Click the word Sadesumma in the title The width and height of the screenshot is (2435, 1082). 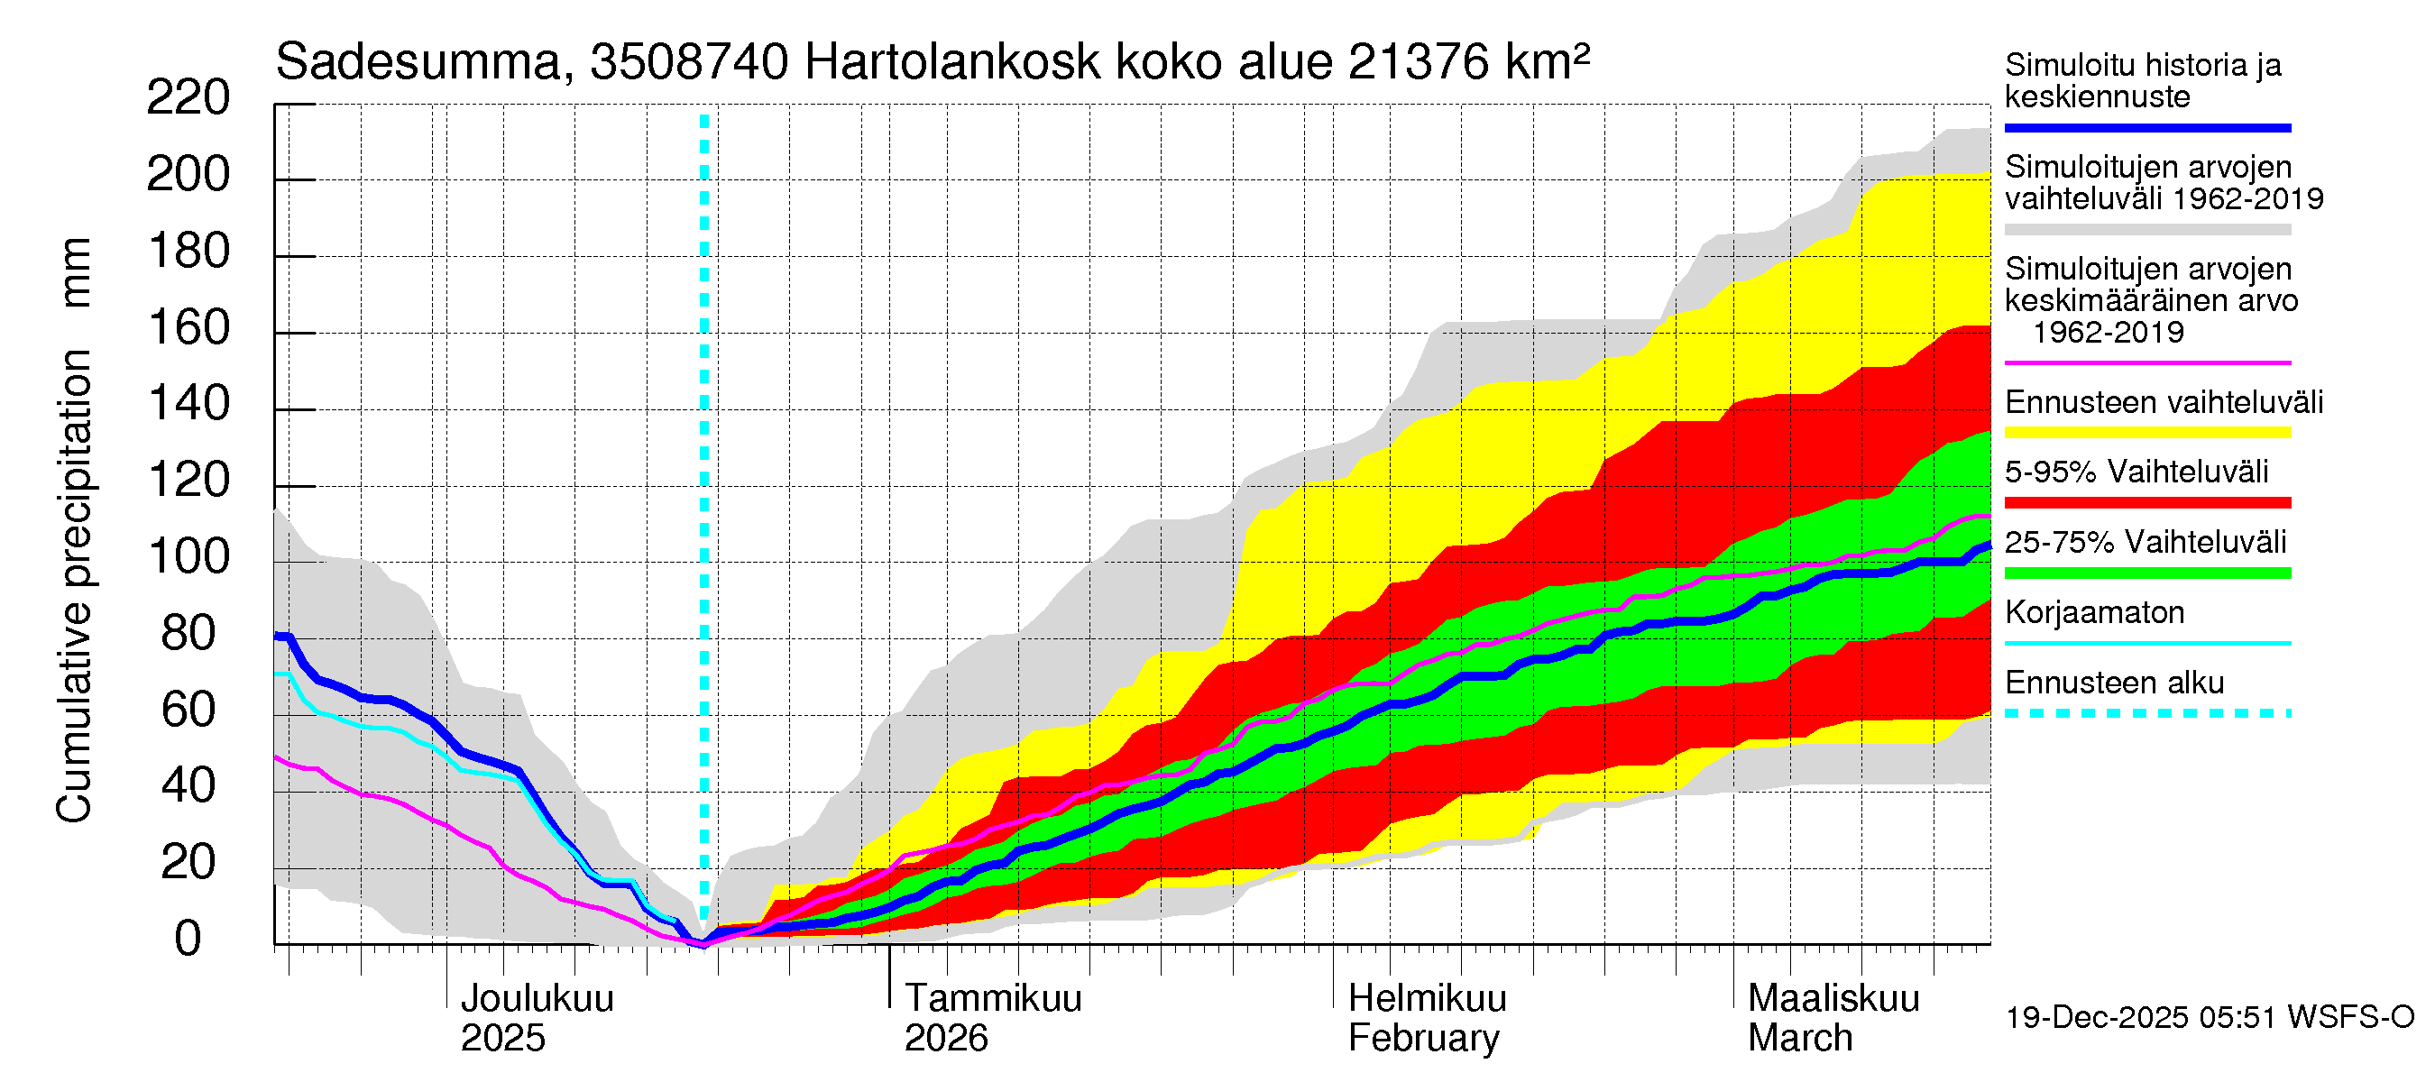tap(418, 63)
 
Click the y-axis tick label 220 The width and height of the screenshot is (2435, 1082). tap(188, 98)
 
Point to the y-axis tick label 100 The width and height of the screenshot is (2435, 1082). tap(189, 556)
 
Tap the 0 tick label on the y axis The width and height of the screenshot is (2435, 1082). tap(188, 939)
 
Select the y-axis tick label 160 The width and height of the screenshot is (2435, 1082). tap(189, 328)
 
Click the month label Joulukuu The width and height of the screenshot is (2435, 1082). tap(536, 998)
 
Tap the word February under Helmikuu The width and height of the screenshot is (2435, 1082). tap(1422, 1039)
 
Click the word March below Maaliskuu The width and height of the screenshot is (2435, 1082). tap(1799, 1039)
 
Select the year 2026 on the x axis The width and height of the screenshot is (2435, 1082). tap(945, 1039)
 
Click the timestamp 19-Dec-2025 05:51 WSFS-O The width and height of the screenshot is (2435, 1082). tap(2209, 1018)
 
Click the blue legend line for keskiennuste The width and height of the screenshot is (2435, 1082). tap(2146, 127)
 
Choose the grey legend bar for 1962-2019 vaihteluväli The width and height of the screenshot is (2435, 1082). tap(2146, 230)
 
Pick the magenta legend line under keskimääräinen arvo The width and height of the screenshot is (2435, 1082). tap(2146, 362)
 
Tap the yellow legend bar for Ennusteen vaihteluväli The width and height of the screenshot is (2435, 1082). tap(2146, 433)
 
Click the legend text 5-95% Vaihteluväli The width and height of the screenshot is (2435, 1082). tap(2136, 472)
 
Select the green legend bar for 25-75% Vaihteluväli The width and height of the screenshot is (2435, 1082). tap(2146, 573)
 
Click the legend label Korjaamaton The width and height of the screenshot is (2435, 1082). tap(2094, 612)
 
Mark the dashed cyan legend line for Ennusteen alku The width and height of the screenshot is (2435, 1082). tap(2146, 713)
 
